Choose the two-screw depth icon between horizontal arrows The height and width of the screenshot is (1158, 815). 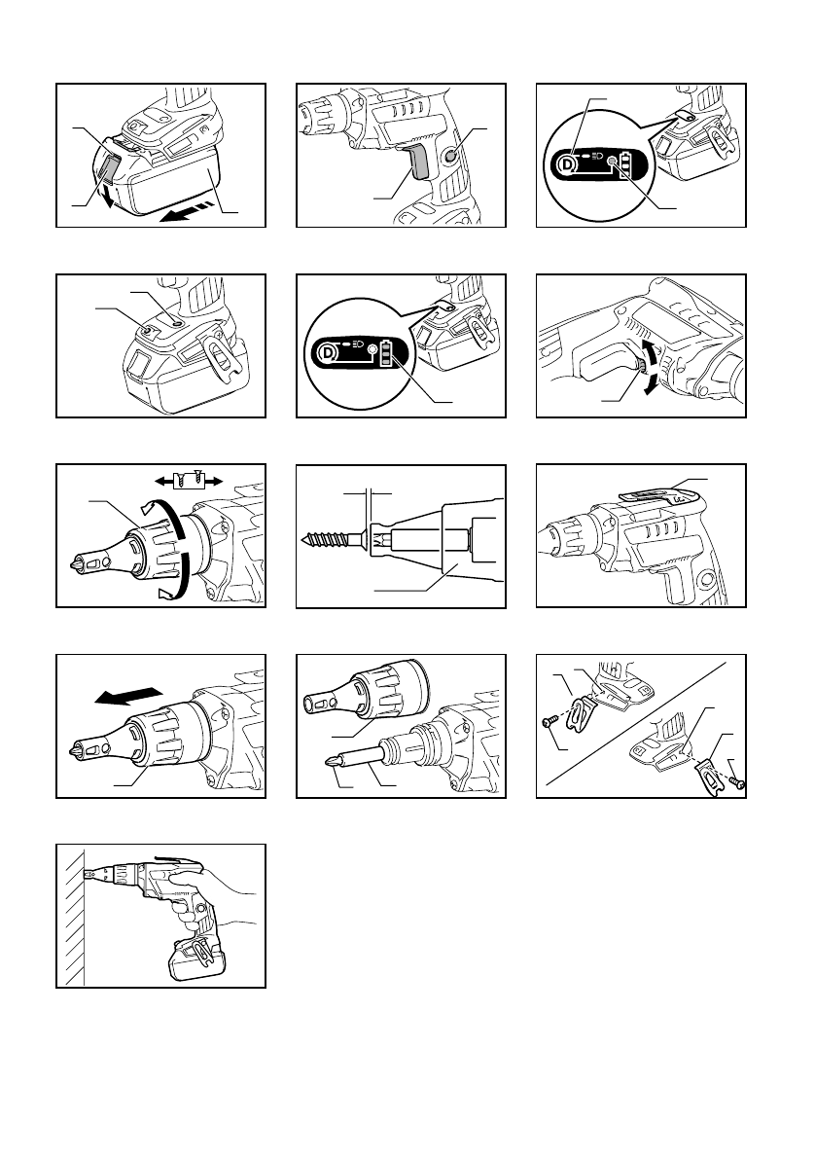[185, 479]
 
